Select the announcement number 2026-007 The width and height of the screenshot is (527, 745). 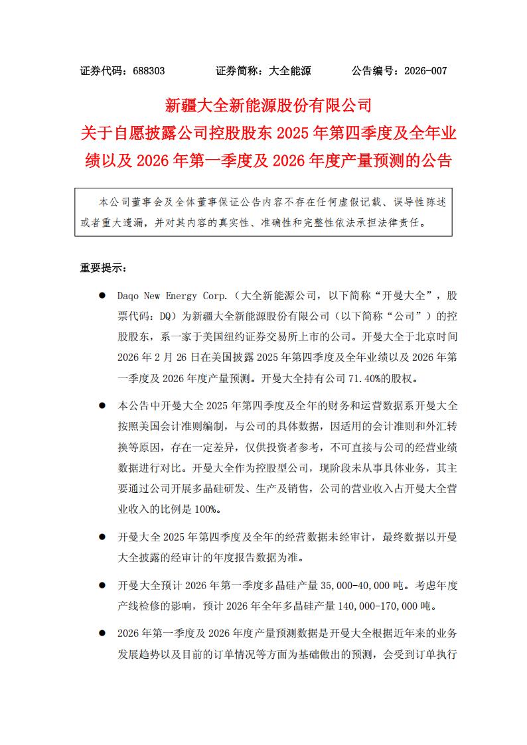[x=425, y=71]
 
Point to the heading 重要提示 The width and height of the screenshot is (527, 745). [x=101, y=268]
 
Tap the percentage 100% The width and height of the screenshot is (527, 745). [x=204, y=510]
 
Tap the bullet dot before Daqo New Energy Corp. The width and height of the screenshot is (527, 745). [x=102, y=295]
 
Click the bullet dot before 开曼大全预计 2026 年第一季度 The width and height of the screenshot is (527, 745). [x=102, y=585]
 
